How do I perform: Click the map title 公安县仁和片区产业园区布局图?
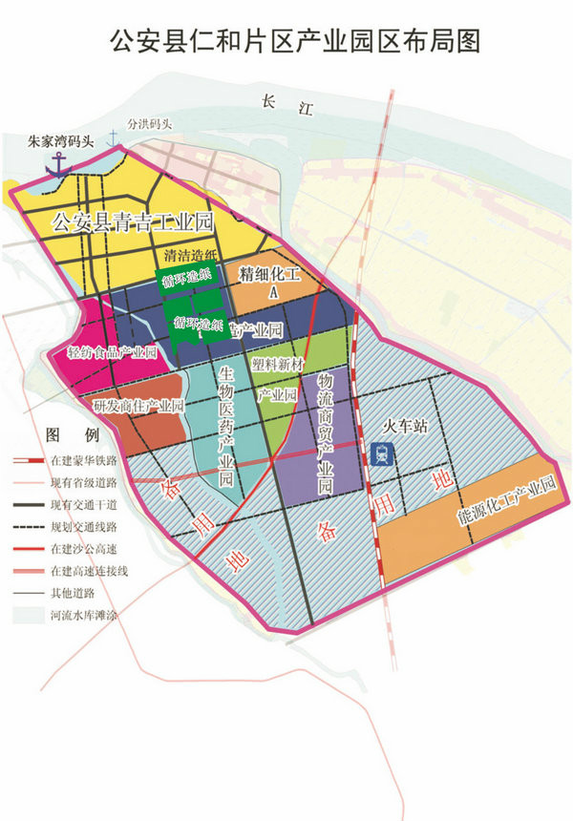pyautogui.click(x=286, y=40)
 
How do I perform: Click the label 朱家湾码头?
pyautogui.click(x=61, y=141)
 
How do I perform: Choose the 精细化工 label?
pyautogui.click(x=269, y=275)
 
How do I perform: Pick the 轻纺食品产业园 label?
pyautogui.click(x=112, y=352)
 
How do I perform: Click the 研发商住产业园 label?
pyautogui.click(x=138, y=406)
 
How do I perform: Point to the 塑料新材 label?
pyautogui.click(x=278, y=364)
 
